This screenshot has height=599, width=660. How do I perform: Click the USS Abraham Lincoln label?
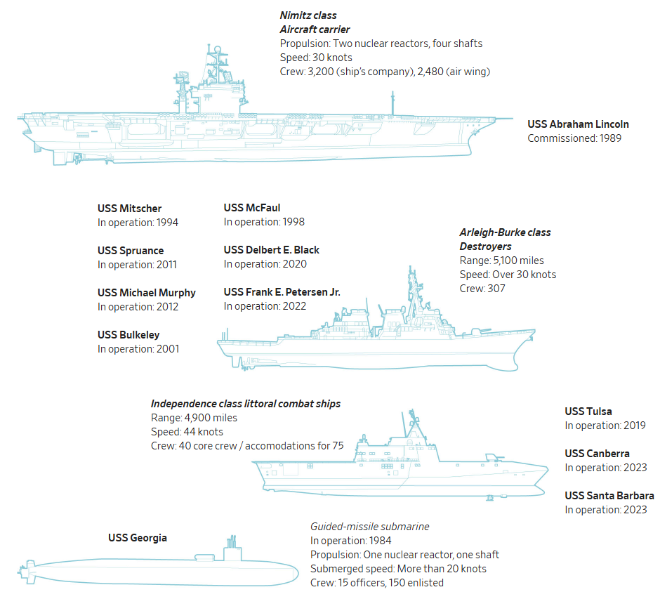click(578, 124)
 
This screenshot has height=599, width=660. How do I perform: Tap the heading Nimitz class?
click(308, 15)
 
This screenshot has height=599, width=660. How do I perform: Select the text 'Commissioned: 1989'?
click(574, 138)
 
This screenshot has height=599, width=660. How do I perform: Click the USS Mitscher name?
click(129, 208)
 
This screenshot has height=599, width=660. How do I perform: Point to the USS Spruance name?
click(131, 251)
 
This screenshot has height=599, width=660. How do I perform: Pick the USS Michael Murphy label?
click(147, 293)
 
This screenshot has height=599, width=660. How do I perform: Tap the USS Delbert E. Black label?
click(272, 250)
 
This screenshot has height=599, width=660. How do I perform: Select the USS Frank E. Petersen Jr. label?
click(282, 292)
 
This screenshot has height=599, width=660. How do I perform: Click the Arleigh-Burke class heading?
click(505, 232)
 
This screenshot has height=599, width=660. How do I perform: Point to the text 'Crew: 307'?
click(482, 289)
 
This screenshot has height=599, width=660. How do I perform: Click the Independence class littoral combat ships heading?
click(246, 404)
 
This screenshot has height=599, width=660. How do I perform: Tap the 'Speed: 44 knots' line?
click(187, 432)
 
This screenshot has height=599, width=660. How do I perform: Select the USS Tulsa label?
click(588, 412)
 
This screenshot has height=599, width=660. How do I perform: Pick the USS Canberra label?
click(597, 454)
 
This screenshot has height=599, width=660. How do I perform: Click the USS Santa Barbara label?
click(609, 496)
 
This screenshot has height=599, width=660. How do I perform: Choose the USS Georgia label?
click(138, 538)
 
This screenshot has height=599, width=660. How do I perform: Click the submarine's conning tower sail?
click(231, 552)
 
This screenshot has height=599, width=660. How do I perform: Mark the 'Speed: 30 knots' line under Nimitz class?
click(316, 58)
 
